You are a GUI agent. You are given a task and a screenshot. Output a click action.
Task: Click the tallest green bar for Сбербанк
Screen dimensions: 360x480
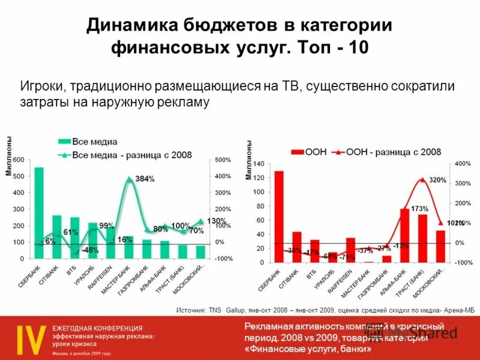point(38,213)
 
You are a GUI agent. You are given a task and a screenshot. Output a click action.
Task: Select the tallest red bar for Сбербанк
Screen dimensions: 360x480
point(279,217)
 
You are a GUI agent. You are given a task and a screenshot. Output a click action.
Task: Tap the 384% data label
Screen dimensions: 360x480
point(145,179)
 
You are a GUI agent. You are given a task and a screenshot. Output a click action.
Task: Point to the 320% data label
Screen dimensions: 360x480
point(438,180)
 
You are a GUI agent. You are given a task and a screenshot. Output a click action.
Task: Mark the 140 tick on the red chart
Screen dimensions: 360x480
point(259,164)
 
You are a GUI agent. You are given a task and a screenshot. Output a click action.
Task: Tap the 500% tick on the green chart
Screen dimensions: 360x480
point(223,160)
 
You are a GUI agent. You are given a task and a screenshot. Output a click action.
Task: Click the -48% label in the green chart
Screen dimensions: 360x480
point(90,250)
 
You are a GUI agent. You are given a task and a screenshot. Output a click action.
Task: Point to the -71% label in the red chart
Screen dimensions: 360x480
point(346,257)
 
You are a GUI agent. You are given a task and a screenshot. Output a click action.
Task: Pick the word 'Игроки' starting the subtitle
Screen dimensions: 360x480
point(40,86)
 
